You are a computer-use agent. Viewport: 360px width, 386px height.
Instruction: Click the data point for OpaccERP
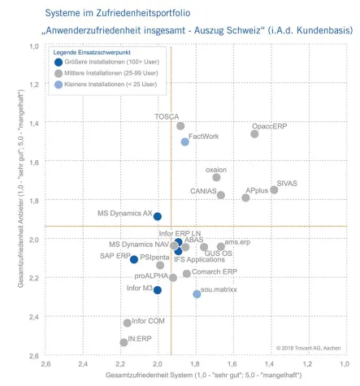click(x=254, y=134)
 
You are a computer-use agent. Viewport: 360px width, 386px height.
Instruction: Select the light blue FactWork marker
click(x=185, y=141)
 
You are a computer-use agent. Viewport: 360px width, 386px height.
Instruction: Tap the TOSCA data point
click(x=180, y=126)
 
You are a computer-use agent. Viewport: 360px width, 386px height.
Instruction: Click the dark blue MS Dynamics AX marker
click(x=158, y=217)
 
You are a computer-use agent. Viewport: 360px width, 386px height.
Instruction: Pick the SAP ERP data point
click(x=134, y=259)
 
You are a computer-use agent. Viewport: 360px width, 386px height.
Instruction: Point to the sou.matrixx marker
click(x=197, y=293)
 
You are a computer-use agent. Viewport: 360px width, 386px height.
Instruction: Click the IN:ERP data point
click(x=124, y=342)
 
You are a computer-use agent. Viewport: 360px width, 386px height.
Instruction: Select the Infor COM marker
click(x=127, y=323)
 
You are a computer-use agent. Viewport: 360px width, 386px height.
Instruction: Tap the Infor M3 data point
click(x=158, y=290)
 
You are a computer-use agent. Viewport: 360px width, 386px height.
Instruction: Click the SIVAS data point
click(x=274, y=190)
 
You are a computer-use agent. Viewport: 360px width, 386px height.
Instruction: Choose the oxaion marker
click(x=216, y=177)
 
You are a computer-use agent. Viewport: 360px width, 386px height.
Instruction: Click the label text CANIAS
click(x=202, y=191)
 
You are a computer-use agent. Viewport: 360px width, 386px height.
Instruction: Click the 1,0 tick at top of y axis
click(x=34, y=46)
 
